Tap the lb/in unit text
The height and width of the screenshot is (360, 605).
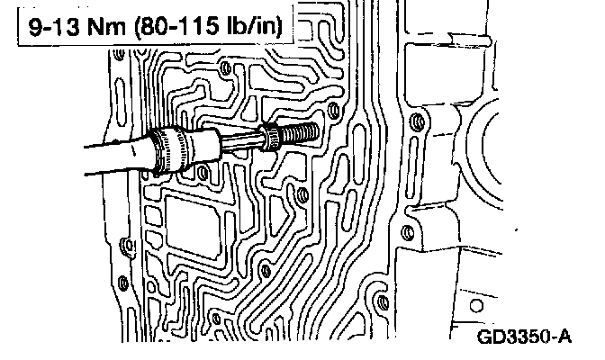(254, 27)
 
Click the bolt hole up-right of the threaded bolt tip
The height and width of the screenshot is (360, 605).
(336, 110)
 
